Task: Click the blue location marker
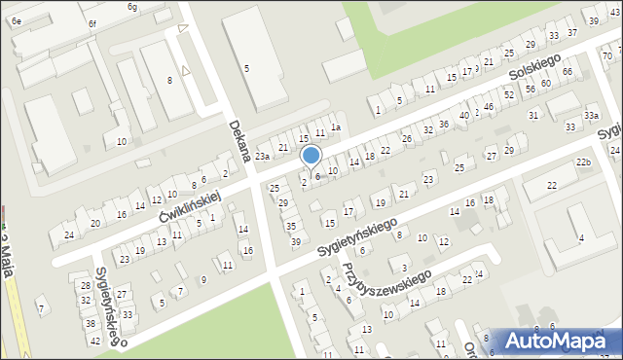pyautogui.click(x=311, y=156)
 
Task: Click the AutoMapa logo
pyautogui.click(x=559, y=340)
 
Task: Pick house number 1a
pyautogui.click(x=336, y=127)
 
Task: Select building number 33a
pyautogui.click(x=591, y=115)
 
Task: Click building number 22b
pyautogui.click(x=583, y=162)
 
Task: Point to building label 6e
pyautogui.click(x=17, y=20)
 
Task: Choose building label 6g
pyautogui.click(x=132, y=7)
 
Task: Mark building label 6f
pyautogui.click(x=92, y=22)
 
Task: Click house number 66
pyautogui.click(x=567, y=73)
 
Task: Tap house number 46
pyautogui.click(x=488, y=106)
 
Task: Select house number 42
pyautogui.click(x=94, y=341)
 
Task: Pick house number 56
pyautogui.click(x=530, y=89)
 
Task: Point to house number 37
pyautogui.click(x=571, y=31)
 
